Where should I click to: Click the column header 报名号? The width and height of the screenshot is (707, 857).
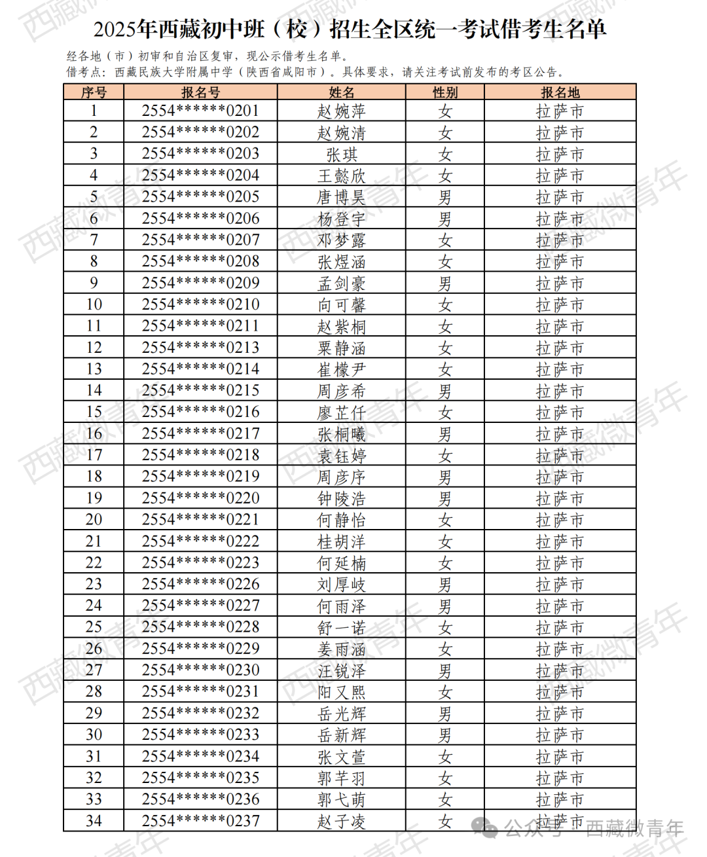click(x=200, y=92)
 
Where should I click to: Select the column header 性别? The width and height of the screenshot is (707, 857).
click(x=445, y=92)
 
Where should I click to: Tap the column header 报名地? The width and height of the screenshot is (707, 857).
click(x=560, y=92)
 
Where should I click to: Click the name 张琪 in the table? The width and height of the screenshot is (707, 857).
click(x=342, y=155)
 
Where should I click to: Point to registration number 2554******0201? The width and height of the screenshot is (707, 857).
click(x=200, y=111)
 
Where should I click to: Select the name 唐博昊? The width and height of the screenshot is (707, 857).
click(x=342, y=197)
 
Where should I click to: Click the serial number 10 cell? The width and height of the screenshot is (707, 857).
click(x=94, y=304)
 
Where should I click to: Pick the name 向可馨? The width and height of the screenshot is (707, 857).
click(x=342, y=305)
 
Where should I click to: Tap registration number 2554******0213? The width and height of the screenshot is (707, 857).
click(x=200, y=348)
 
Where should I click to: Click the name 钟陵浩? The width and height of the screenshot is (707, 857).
click(x=342, y=499)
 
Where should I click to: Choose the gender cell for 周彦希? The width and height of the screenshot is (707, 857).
click(x=445, y=391)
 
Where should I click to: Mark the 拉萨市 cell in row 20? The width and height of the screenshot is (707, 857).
click(x=560, y=520)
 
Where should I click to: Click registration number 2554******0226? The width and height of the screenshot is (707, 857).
click(x=200, y=584)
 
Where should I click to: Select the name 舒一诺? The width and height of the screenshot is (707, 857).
click(x=342, y=628)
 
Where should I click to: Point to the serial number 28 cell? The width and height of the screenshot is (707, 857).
click(x=94, y=691)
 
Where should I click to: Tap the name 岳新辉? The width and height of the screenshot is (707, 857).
click(x=342, y=735)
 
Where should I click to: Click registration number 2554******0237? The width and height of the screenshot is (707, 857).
click(x=200, y=821)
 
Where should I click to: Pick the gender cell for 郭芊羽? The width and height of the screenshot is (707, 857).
click(x=445, y=778)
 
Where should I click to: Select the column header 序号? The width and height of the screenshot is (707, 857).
click(x=94, y=92)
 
